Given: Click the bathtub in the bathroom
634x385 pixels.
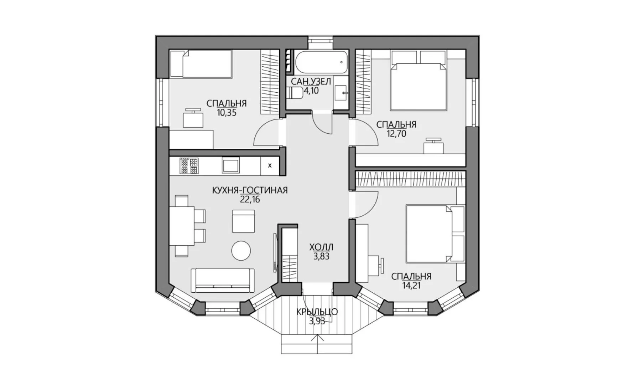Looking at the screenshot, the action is point(321,62).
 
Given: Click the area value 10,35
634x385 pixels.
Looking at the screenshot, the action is point(227,113).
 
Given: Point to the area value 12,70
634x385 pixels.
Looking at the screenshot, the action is point(396,134).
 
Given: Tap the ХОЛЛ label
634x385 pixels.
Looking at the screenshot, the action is point(321,247).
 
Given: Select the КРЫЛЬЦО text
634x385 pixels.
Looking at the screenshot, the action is point(317,312).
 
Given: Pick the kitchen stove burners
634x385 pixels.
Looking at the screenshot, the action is point(189,166).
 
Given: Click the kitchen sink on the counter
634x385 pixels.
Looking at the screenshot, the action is point(230,166).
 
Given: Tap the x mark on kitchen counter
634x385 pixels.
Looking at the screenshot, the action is point(270,165).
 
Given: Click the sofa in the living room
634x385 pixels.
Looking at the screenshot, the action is point(223,281).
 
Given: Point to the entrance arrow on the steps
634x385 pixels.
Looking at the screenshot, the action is point(316,340).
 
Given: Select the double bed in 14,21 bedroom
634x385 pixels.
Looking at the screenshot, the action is point(436,233).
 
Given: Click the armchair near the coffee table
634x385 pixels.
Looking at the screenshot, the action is point(244,221).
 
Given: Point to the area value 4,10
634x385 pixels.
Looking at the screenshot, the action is point(311,91).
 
